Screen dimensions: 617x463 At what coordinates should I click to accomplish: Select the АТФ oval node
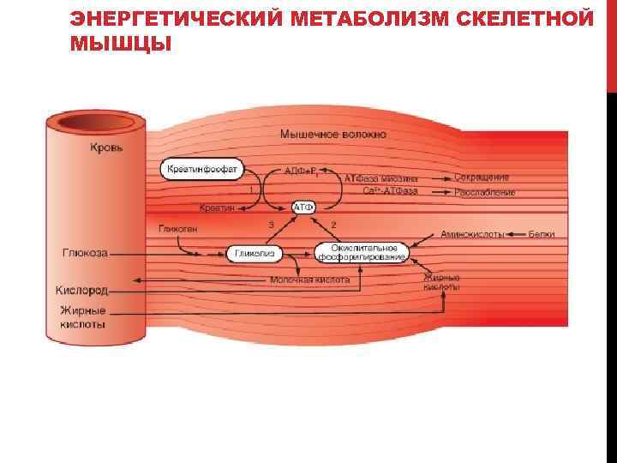(304, 207)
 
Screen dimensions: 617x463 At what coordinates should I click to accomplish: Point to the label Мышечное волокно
(332, 135)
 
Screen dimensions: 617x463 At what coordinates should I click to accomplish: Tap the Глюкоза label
(85, 253)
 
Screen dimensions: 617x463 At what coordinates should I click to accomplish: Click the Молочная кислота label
(309, 280)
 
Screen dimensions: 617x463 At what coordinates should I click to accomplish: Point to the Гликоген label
(178, 229)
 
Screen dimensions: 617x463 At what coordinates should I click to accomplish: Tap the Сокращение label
(482, 177)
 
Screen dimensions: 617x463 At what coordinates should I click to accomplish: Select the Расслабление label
(485, 192)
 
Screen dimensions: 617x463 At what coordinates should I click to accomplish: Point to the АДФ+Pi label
(303, 170)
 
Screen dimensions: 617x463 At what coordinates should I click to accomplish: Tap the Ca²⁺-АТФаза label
(391, 190)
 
